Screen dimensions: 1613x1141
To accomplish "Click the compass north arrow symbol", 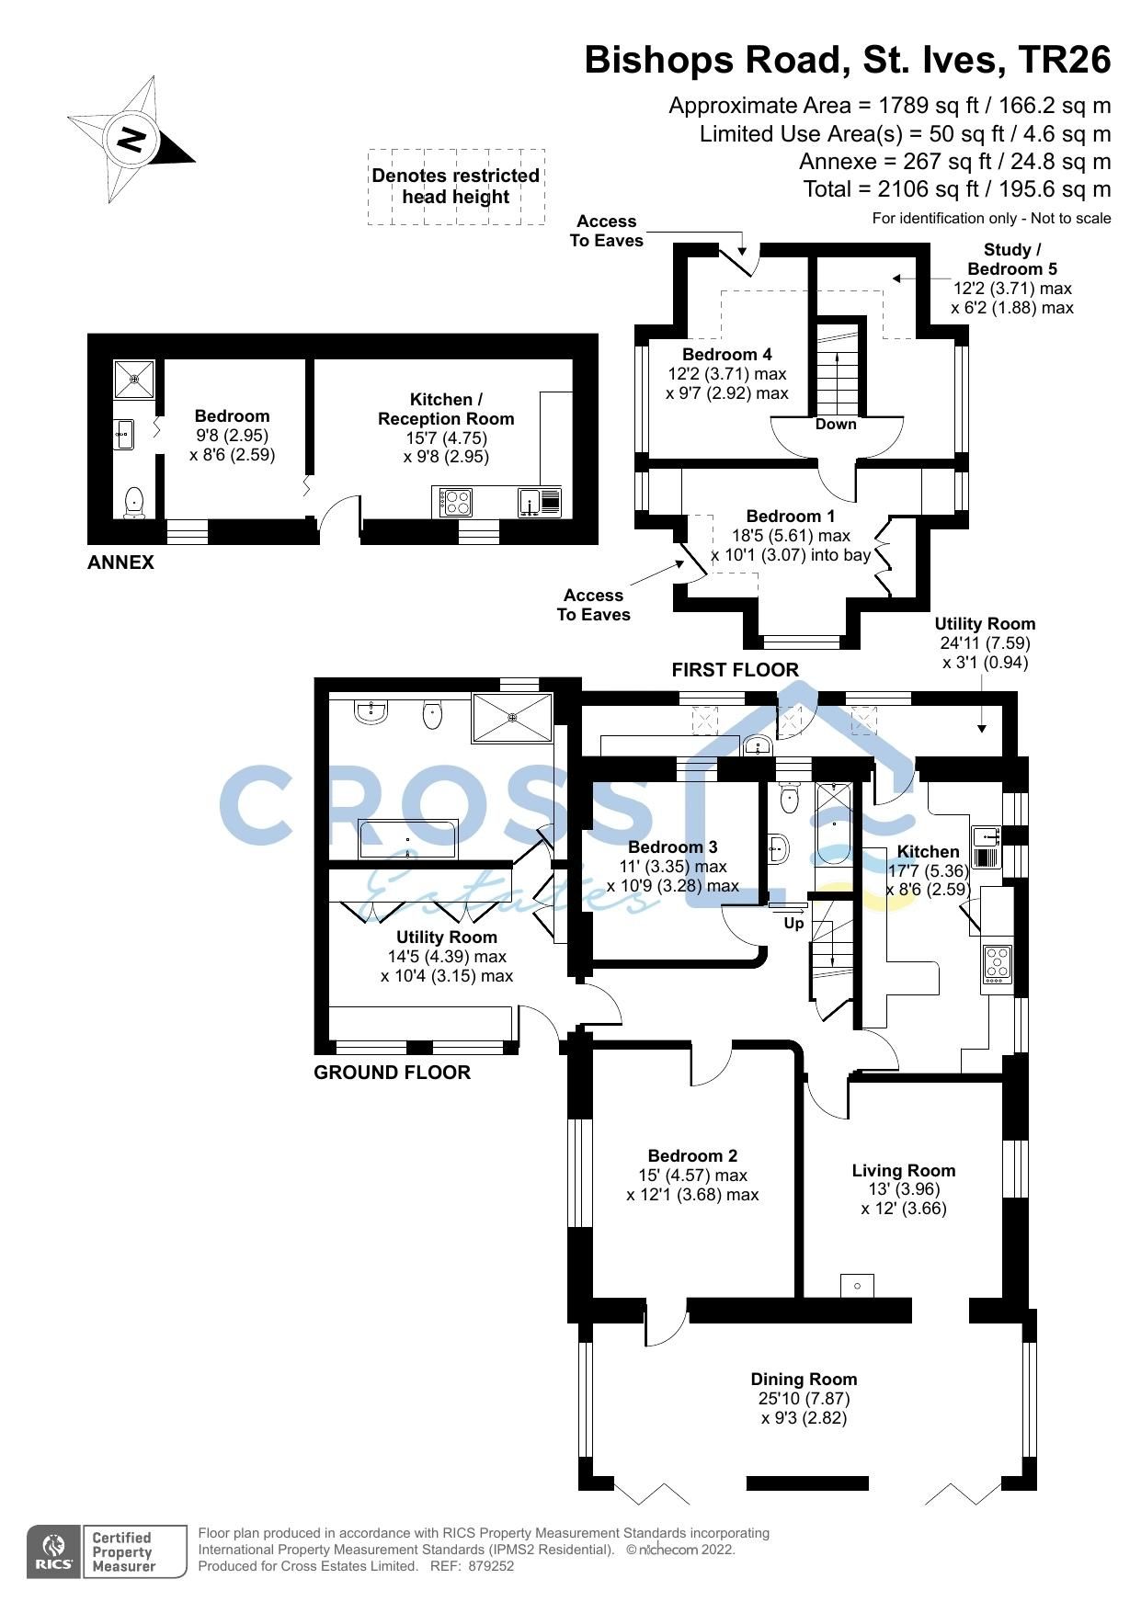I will [131, 141].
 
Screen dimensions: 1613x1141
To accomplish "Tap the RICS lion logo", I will [54, 1552].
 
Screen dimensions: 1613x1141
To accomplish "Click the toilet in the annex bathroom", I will [134, 503].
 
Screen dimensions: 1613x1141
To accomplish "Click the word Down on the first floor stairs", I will [835, 424].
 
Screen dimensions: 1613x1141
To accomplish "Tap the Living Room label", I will [903, 1170].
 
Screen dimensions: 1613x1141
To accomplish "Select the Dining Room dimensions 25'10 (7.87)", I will [804, 1398].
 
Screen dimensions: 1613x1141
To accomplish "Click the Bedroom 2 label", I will [692, 1155].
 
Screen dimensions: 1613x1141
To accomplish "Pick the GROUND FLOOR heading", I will [392, 1072].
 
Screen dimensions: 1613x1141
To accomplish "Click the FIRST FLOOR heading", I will [735, 669].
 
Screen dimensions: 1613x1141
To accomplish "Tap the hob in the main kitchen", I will [997, 961].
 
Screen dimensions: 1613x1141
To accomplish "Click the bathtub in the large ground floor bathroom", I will [406, 838].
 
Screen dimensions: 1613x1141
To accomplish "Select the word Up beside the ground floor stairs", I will [793, 922].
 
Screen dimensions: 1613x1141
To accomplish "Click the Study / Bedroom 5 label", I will [1011, 259].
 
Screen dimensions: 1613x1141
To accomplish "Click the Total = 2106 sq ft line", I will [956, 189].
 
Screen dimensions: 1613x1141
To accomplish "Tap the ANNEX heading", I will [120, 562].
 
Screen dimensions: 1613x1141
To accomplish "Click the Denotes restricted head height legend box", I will [456, 187].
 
